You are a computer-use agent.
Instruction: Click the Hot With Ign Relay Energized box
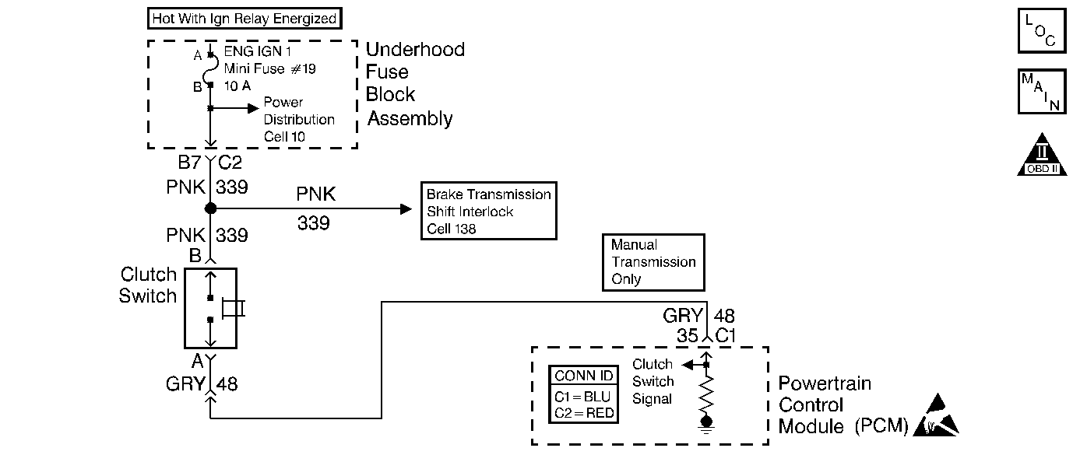[x=245, y=19]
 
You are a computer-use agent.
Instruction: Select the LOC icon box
[x=1042, y=30]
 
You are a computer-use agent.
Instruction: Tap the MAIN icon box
[x=1042, y=91]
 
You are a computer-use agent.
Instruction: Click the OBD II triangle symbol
[x=1042, y=154]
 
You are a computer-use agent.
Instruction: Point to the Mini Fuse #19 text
[x=269, y=69]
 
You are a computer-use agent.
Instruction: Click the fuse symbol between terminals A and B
[x=210, y=70]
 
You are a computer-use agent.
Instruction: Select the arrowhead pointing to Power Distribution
[x=253, y=109]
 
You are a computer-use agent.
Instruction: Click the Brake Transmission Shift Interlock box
[x=488, y=211]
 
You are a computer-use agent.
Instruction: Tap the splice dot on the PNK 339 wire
[x=210, y=208]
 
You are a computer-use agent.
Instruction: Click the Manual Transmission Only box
[x=653, y=262]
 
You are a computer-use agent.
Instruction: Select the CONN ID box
[x=583, y=394]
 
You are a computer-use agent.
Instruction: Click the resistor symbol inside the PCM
[x=706, y=394]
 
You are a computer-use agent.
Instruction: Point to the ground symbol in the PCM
[x=706, y=425]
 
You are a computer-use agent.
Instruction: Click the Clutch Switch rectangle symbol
[x=211, y=308]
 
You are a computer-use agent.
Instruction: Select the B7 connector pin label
[x=190, y=163]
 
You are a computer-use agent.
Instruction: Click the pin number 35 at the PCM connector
[x=688, y=335]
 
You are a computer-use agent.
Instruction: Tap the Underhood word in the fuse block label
[x=415, y=50]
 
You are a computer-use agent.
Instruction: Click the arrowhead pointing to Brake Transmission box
[x=406, y=208]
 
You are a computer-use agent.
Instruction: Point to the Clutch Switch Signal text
[x=653, y=381]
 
